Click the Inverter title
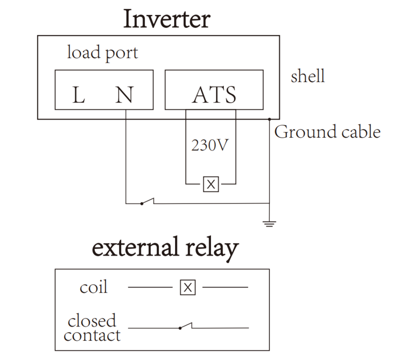(167, 19)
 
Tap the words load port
(102, 52)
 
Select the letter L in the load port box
(79, 96)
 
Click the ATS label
(214, 95)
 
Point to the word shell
(307, 76)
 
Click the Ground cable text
(328, 132)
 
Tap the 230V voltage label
(208, 145)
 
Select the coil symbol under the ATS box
(211, 184)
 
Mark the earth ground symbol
(270, 223)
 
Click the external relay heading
(165, 249)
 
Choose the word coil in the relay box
(94, 288)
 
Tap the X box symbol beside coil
(188, 288)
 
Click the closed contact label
(92, 328)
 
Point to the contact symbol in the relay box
(186, 326)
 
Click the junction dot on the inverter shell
(270, 119)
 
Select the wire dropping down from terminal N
(126, 158)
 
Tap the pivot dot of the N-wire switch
(141, 203)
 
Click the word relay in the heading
(211, 249)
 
